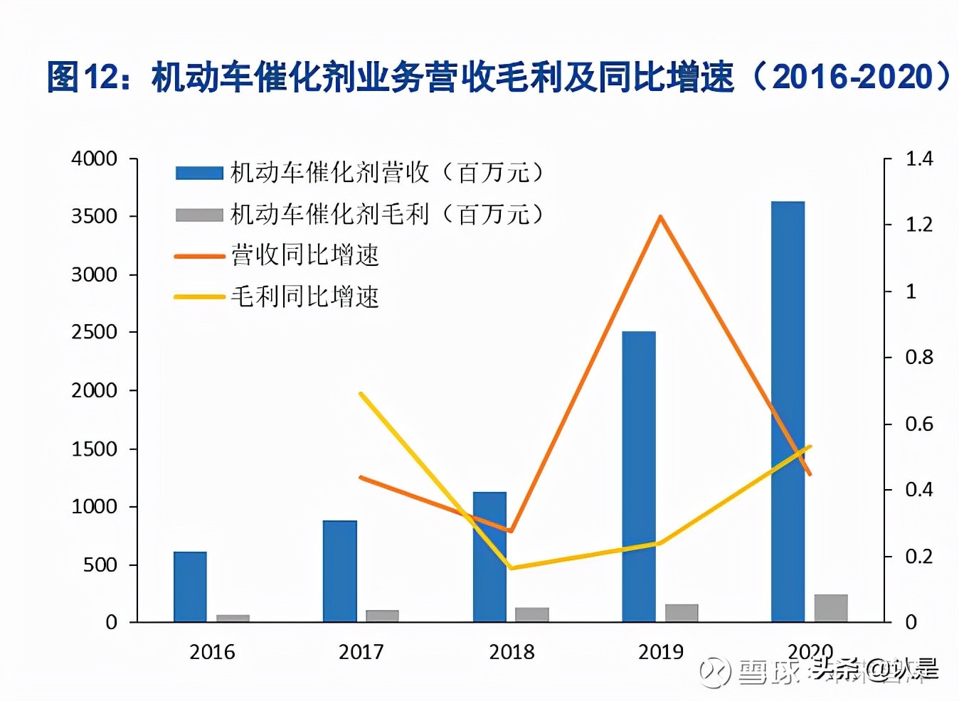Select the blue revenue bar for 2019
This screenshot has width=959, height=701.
[x=638, y=476]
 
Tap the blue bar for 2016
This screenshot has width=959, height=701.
[x=190, y=587]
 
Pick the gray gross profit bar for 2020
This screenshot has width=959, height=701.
[x=830, y=608]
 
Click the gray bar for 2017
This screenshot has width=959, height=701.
[x=382, y=616]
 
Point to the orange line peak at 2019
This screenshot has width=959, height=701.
[x=660, y=217]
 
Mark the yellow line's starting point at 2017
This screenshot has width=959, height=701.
[x=361, y=394]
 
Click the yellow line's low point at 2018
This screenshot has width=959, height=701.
[x=511, y=567]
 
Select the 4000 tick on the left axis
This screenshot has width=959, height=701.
[x=94, y=159]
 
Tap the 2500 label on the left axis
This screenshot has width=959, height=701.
[x=94, y=332]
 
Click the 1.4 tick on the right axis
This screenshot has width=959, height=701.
[x=918, y=159]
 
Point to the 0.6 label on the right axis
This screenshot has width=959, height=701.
[x=918, y=424]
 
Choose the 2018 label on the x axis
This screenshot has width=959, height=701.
[x=511, y=651]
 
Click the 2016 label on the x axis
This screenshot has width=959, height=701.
[x=212, y=651]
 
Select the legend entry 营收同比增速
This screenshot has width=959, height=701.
[x=304, y=255]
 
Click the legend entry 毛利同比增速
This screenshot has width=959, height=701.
[x=304, y=296]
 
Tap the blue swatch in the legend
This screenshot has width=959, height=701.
[x=199, y=173]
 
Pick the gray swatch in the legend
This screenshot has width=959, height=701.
[x=199, y=214]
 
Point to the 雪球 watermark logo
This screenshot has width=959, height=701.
[x=714, y=671]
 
